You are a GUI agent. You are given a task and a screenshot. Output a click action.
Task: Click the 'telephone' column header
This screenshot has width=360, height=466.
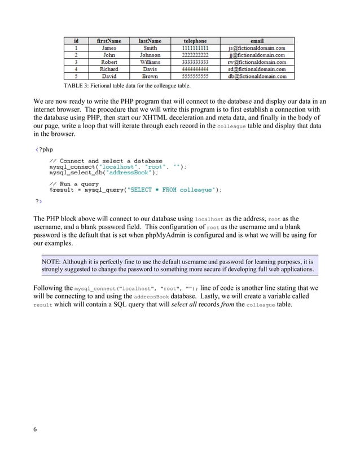(195, 41)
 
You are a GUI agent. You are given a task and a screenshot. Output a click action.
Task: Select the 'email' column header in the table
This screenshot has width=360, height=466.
(257, 41)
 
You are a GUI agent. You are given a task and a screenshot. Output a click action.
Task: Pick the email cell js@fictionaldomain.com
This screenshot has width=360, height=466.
(257, 48)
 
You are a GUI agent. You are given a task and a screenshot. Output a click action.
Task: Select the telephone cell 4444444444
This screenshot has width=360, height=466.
(195, 69)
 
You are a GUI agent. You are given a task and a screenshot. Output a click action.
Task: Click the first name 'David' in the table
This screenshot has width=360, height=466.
(109, 76)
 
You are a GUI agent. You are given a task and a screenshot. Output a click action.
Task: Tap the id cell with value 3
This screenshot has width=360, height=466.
(76, 62)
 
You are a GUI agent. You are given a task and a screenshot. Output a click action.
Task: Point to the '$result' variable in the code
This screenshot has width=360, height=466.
(60, 190)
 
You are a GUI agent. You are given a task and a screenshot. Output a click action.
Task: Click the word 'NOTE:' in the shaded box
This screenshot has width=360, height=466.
(51, 262)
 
